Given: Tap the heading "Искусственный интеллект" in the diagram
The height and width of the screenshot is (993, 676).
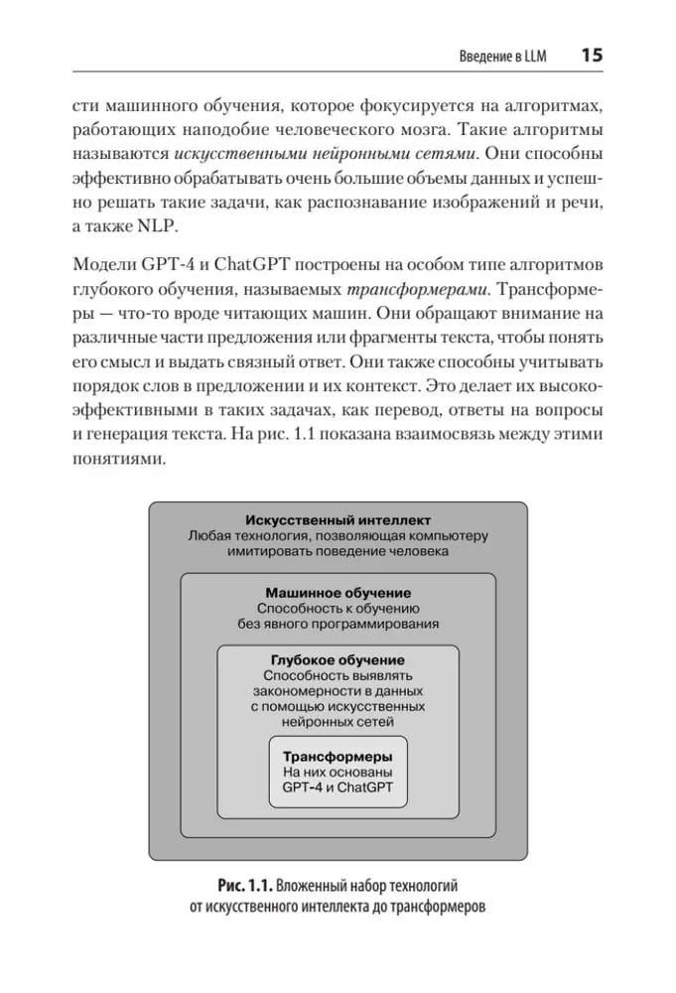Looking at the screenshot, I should pos(338,518).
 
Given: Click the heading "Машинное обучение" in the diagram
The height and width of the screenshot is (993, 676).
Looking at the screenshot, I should pos(338,592).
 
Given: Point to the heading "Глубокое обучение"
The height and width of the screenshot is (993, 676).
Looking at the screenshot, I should pos(338,659).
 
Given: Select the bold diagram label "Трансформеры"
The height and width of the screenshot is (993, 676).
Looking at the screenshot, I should pos(338,755).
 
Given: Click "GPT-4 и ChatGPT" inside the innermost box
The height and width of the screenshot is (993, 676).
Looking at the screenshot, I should pos(338,787).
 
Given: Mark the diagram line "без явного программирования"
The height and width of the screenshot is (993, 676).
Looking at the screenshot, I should pos(338,625).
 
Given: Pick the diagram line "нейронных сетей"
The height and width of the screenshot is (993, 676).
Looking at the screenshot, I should pos(338,723).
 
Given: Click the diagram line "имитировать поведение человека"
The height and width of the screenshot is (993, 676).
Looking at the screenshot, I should pos(338,551).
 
